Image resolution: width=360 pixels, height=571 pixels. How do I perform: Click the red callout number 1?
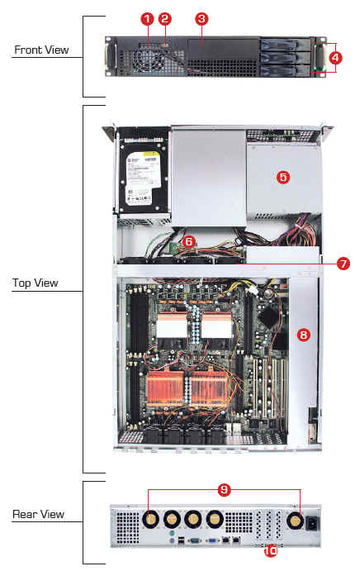point(147,19)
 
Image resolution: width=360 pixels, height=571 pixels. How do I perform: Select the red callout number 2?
point(165,19)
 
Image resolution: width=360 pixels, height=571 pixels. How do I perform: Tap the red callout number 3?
point(201,19)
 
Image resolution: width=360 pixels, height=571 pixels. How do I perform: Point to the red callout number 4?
point(335,58)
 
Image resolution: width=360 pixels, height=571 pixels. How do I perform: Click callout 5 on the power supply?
point(283,178)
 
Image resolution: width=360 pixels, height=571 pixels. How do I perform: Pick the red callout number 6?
point(188,241)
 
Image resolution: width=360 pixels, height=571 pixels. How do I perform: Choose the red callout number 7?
point(343,264)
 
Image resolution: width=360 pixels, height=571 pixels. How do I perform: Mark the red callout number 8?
point(304,335)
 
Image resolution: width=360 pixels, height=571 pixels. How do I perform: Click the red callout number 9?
point(225,490)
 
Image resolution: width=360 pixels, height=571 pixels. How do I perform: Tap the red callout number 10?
point(270,550)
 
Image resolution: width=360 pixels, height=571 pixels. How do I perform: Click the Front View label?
point(41,50)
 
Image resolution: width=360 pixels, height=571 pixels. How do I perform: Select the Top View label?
point(36,283)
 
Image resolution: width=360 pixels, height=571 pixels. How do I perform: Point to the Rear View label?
point(38,514)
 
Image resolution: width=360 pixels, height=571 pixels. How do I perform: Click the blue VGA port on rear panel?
point(212,540)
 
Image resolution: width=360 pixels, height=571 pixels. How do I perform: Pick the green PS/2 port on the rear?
point(172,533)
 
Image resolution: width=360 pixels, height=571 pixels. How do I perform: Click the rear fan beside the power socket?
point(296,521)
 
